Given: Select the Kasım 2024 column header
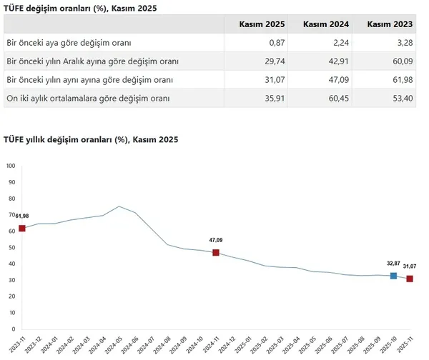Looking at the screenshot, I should tap(326, 24).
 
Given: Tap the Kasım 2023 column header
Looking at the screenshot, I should tap(390, 24).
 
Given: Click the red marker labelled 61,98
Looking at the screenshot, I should tap(22, 229).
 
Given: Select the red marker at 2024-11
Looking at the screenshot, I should tap(215, 253).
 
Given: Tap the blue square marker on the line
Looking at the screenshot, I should tap(393, 276).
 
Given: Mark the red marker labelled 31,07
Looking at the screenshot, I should tap(410, 279).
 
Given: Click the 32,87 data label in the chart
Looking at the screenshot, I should tap(393, 263).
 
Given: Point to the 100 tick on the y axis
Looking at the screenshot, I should tap(10, 166).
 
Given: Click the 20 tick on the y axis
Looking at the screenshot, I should tap(10, 296).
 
